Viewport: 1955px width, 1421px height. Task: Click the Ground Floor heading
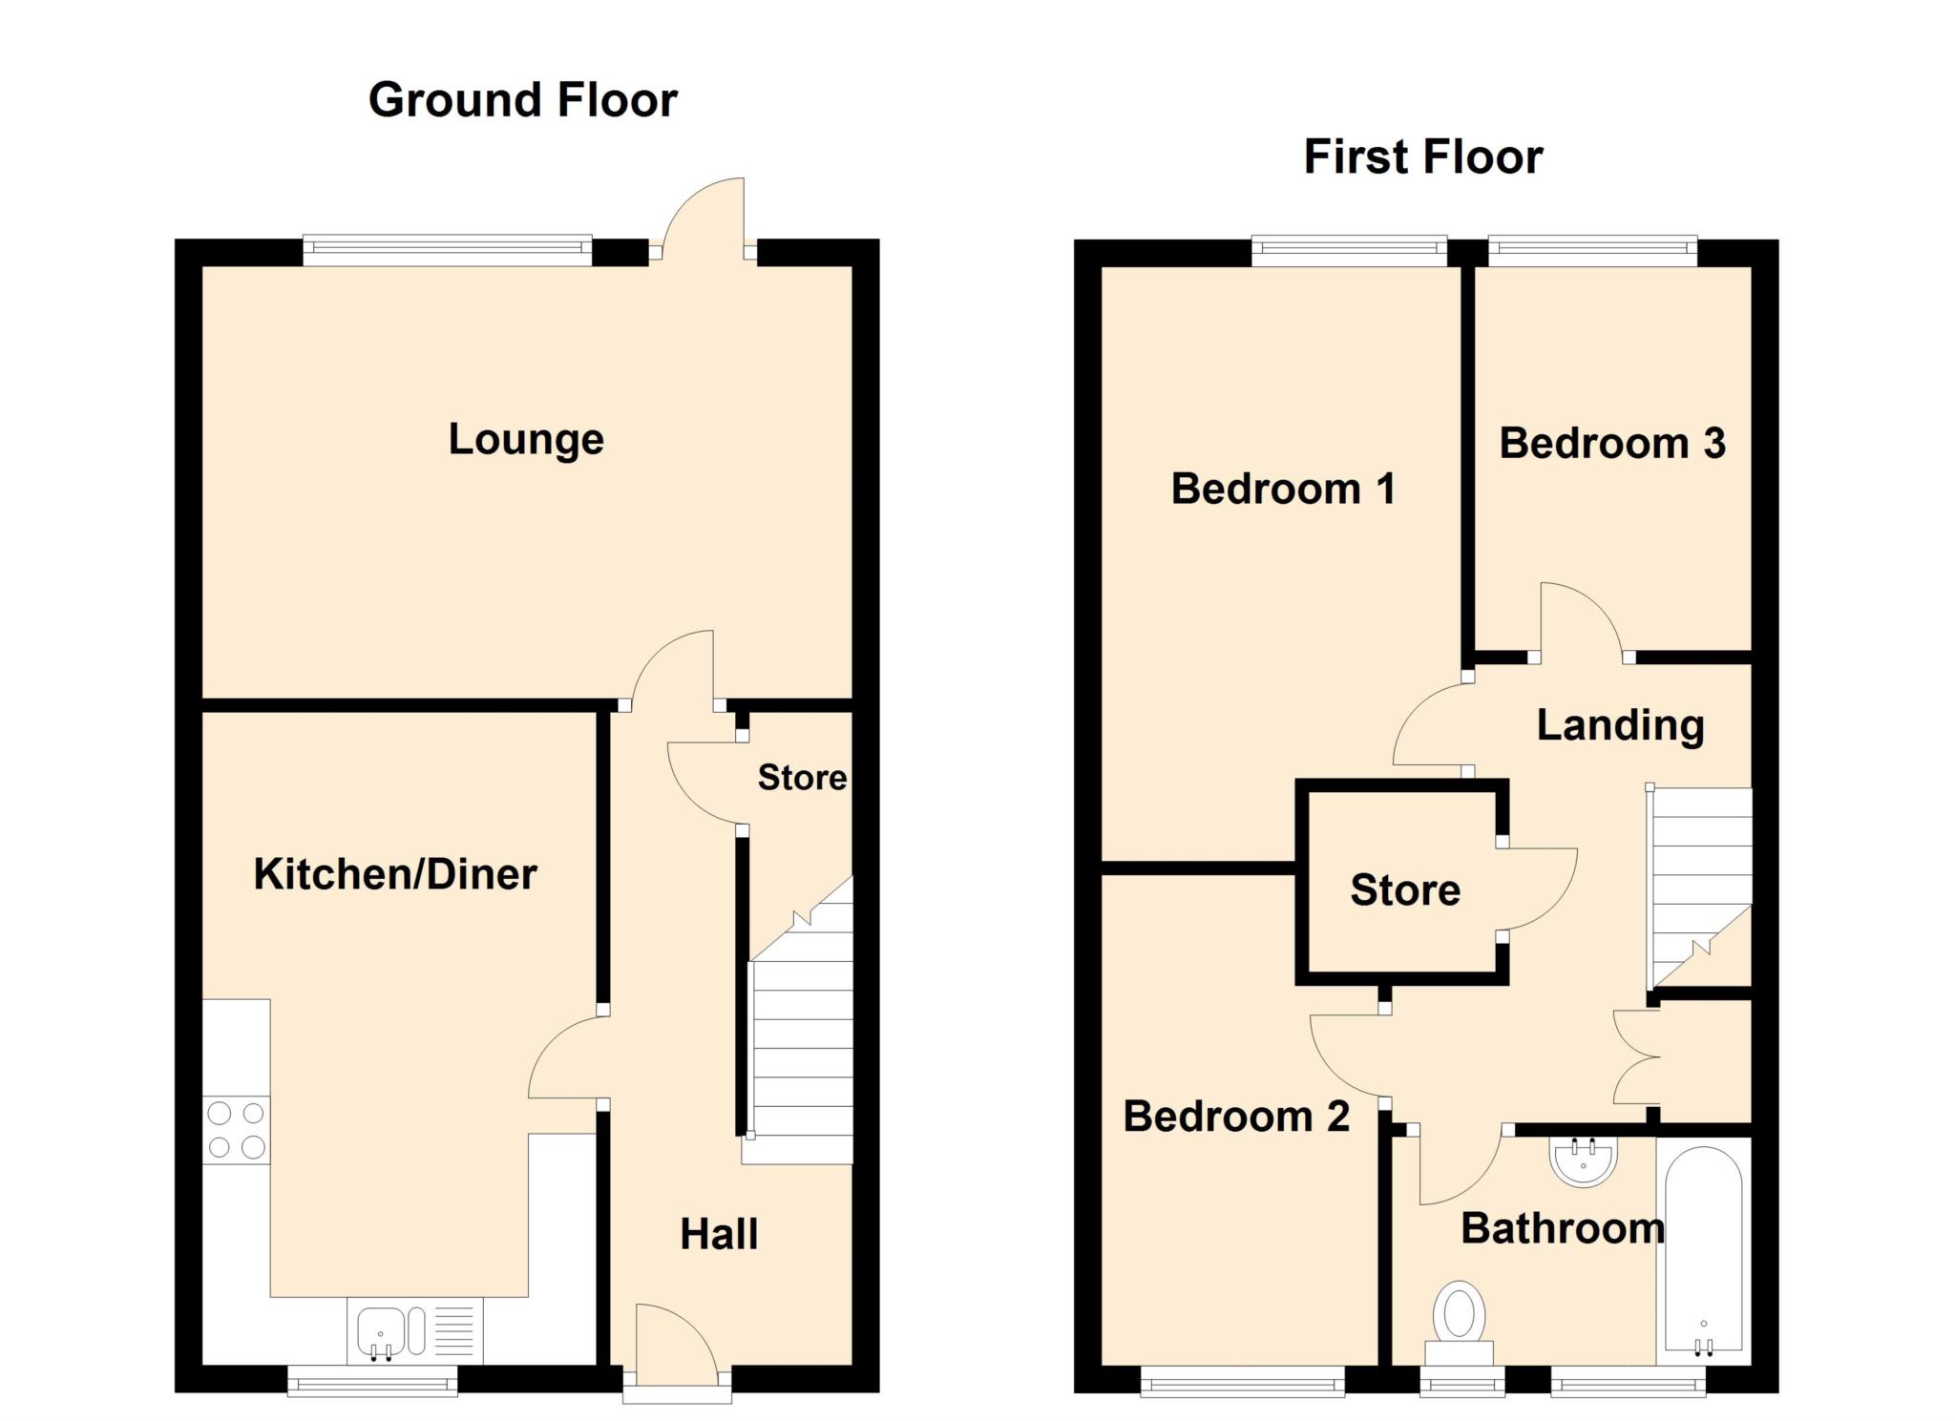[x=523, y=100]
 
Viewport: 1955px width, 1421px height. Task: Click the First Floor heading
[x=1423, y=157]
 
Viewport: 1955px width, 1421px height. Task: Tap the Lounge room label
[x=526, y=440]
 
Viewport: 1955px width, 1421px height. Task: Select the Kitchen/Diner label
[x=395, y=874]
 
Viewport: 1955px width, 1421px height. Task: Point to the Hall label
[x=719, y=1234]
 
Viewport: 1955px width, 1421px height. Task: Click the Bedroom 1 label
[x=1283, y=489]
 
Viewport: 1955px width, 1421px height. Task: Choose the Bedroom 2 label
[x=1236, y=1116]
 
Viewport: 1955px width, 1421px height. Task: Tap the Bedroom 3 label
[x=1612, y=443]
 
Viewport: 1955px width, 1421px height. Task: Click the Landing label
[x=1620, y=725]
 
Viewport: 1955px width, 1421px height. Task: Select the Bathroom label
[x=1563, y=1228]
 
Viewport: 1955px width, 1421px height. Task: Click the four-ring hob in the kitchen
[x=237, y=1130]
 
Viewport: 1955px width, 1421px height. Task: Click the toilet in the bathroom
[x=1459, y=1323]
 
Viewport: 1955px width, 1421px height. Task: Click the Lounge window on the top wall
[x=448, y=251]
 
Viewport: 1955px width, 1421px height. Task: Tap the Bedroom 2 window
[x=1242, y=1380]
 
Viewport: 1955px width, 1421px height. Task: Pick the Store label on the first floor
[x=1405, y=889]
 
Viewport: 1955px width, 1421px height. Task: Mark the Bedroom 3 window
[x=1592, y=251]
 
